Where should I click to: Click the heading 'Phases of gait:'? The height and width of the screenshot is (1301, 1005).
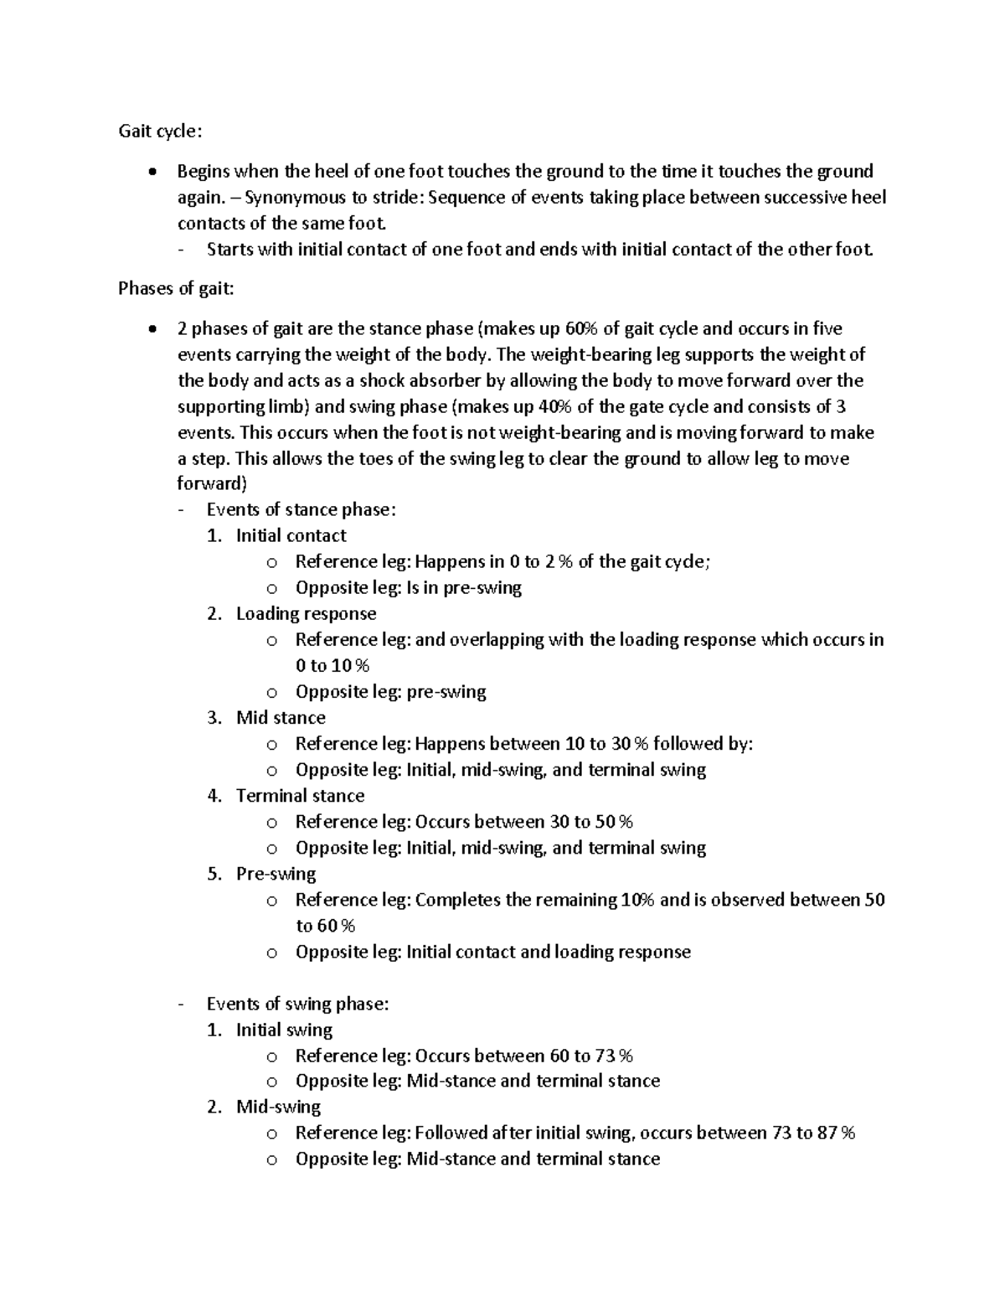click(x=177, y=289)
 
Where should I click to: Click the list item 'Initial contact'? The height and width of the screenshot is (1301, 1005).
click(x=291, y=536)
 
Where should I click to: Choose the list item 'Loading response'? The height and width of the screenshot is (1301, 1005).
click(x=306, y=614)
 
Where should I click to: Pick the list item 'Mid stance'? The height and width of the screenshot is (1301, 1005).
click(x=281, y=718)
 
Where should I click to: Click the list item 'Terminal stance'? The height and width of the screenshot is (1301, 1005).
click(x=300, y=796)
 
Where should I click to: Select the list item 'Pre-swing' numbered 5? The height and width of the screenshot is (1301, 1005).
click(x=276, y=874)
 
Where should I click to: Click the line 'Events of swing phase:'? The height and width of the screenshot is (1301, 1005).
click(x=297, y=1004)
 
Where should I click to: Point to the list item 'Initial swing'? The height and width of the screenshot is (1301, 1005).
click(x=284, y=1030)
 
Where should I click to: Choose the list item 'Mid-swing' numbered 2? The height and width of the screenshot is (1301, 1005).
click(x=278, y=1107)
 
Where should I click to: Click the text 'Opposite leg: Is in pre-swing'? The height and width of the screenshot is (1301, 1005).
click(x=408, y=588)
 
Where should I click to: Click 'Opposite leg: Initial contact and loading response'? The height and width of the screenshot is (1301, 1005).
click(x=492, y=953)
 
